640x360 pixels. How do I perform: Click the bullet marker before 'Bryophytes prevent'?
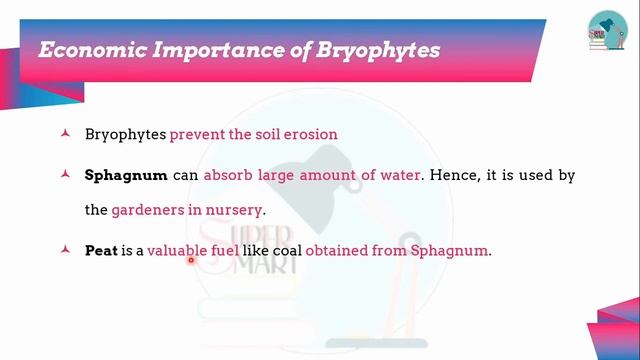[x=65, y=133]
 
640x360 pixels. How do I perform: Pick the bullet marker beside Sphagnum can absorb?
[x=65, y=175]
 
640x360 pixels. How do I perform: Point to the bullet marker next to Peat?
[x=65, y=250]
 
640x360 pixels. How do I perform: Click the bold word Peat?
[x=101, y=250]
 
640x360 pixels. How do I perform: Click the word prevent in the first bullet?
[x=198, y=133]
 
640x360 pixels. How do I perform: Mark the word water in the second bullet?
[x=399, y=175]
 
